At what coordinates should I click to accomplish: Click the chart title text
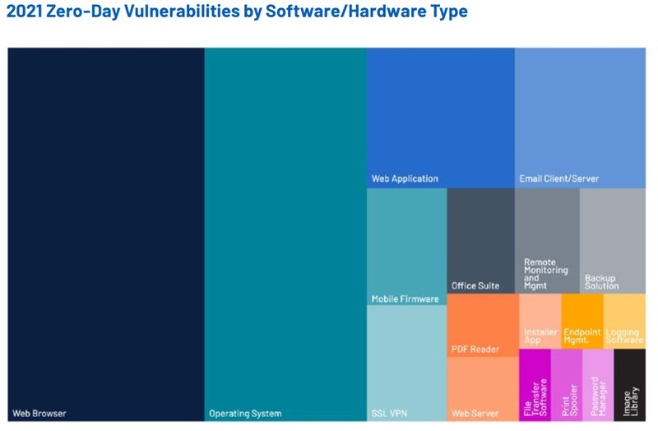point(237,12)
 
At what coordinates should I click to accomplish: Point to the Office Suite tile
point(480,239)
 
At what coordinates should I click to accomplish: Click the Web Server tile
point(482,387)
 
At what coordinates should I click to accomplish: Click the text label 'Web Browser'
point(39,413)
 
